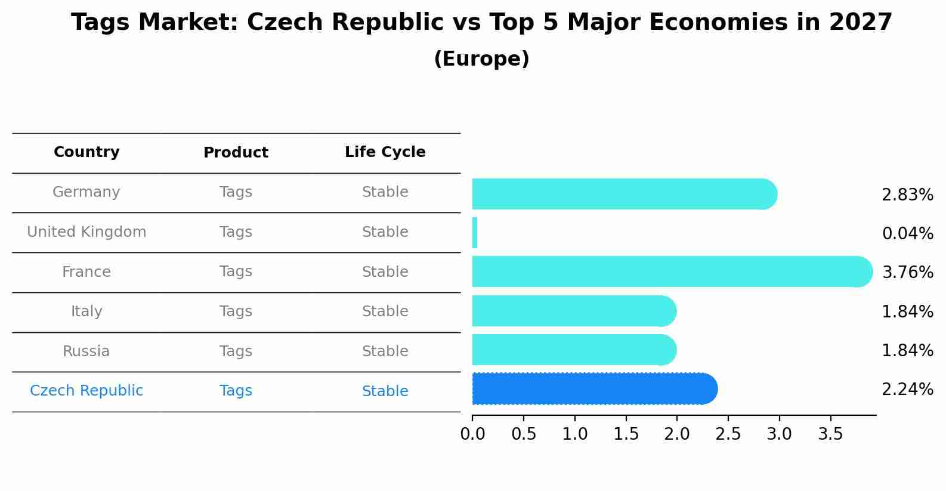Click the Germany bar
click(x=623, y=194)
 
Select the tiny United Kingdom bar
click(x=475, y=233)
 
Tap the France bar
click(x=671, y=271)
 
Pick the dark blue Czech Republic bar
click(x=593, y=389)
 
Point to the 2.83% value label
click(x=907, y=195)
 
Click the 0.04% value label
click(x=907, y=234)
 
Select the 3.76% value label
click(x=907, y=273)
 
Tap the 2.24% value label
click(x=907, y=390)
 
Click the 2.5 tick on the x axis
click(x=728, y=434)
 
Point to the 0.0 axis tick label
click(x=472, y=434)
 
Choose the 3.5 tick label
click(x=830, y=434)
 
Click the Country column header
click(x=86, y=152)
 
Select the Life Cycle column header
click(x=385, y=152)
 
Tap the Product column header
click(x=236, y=153)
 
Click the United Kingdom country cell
click(x=86, y=232)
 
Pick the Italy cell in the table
click(x=86, y=311)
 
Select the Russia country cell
click(x=86, y=351)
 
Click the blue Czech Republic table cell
click(x=86, y=391)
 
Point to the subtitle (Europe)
click(x=481, y=59)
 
